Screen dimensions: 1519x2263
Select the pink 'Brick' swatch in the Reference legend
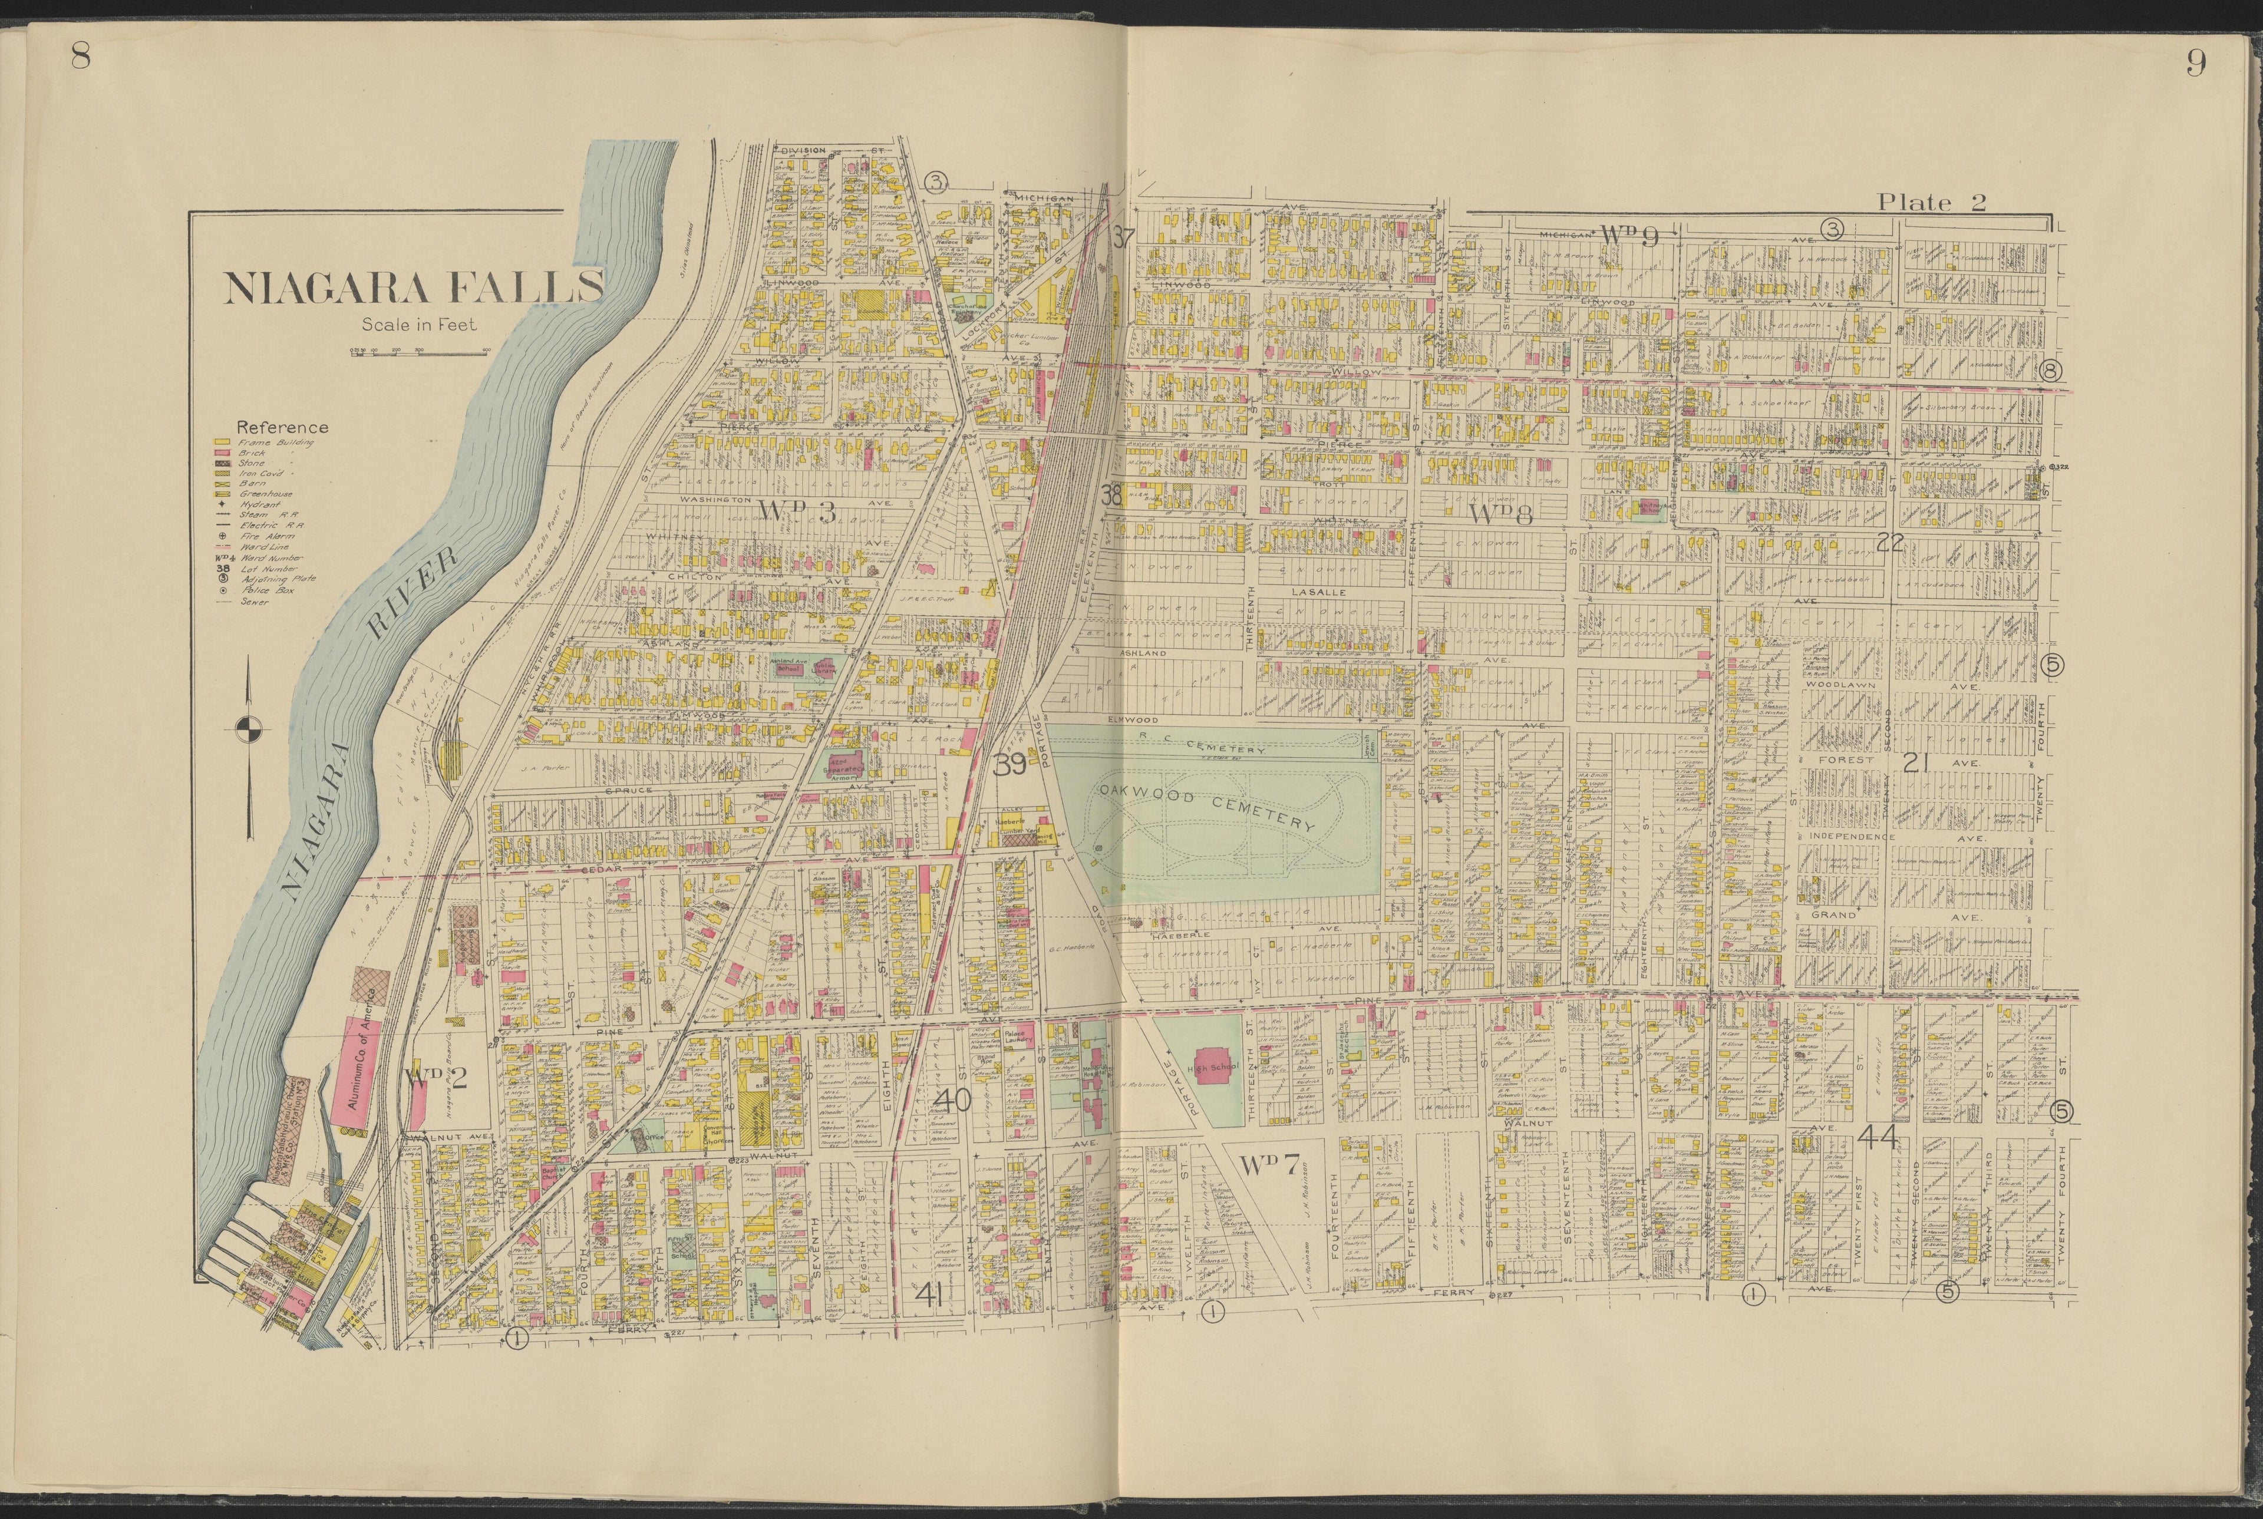(221, 453)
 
